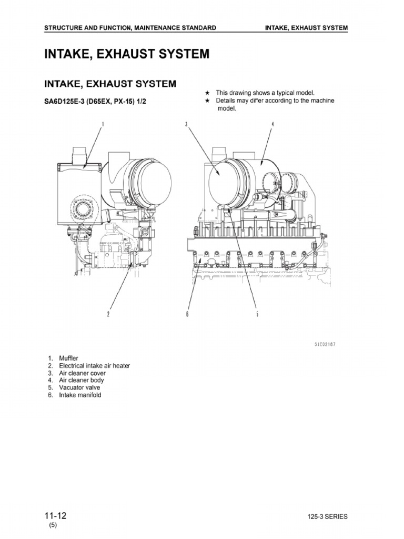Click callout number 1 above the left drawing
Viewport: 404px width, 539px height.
[103, 124]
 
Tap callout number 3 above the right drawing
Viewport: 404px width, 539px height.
[186, 124]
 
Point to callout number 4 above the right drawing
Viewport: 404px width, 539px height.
[272, 124]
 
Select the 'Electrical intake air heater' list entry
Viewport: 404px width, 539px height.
[94, 365]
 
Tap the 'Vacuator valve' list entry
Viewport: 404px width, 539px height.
[79, 387]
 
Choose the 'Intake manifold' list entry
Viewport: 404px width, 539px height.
[80, 395]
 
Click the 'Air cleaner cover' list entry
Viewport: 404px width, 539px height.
[82, 373]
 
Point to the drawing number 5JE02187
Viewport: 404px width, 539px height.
[325, 344]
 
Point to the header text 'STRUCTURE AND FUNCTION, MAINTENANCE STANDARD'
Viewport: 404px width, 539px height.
[129, 27]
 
